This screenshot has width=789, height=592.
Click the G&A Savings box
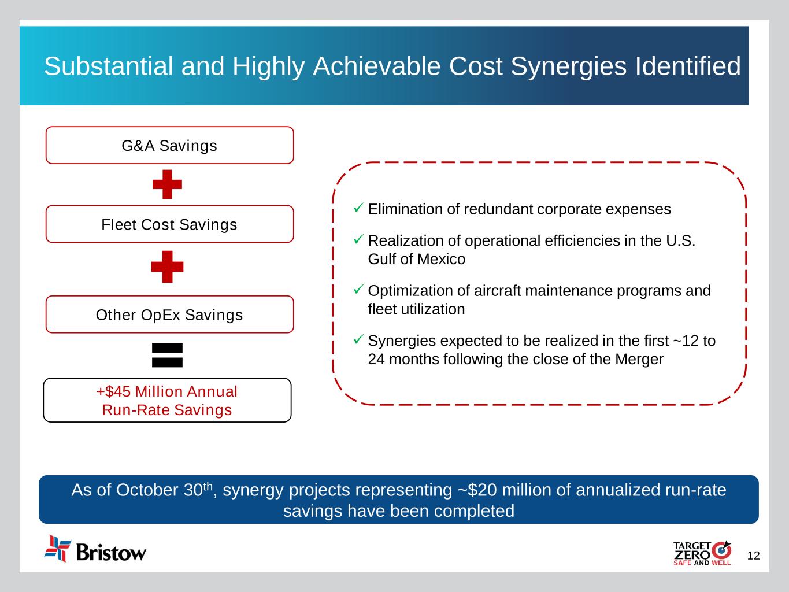pyautogui.click(x=170, y=145)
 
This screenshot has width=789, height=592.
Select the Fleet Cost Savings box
pyautogui.click(x=170, y=224)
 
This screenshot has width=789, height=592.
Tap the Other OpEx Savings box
pyautogui.click(x=170, y=314)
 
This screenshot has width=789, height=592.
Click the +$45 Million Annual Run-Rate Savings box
pyautogui.click(x=167, y=400)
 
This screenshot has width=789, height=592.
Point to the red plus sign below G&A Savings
pyautogui.click(x=167, y=184)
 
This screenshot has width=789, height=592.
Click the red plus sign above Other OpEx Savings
pyautogui.click(x=167, y=267)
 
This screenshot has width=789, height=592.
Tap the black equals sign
pyautogui.click(x=167, y=355)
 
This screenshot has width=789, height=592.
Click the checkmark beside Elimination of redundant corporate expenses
pyautogui.click(x=358, y=208)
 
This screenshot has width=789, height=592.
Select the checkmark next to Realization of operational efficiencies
pyautogui.click(x=358, y=239)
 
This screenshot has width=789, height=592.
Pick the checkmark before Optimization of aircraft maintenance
pyautogui.click(x=358, y=288)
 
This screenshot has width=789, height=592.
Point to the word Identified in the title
pyautogui.click(x=688, y=66)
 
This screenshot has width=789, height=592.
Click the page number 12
pyautogui.click(x=753, y=556)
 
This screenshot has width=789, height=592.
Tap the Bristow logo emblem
pyautogui.click(x=57, y=548)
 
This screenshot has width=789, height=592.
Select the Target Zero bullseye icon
pyautogui.click(x=721, y=550)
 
